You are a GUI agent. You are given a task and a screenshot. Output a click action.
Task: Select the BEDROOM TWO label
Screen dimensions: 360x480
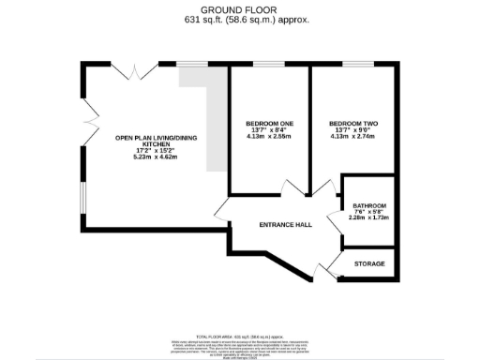pos(354,124)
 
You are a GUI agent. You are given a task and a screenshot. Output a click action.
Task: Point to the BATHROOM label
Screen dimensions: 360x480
pos(368,206)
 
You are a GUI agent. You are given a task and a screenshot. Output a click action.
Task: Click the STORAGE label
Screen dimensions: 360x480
pos(369,264)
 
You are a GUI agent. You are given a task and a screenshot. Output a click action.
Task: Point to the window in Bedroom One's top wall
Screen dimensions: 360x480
pos(267,64)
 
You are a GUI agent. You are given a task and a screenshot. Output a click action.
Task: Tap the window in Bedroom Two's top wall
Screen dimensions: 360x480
pos(355,64)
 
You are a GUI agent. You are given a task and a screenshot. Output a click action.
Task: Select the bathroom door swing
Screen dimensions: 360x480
pos(334,221)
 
